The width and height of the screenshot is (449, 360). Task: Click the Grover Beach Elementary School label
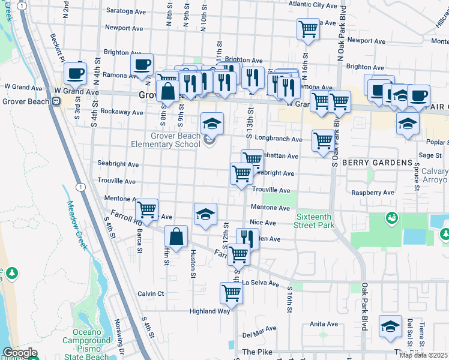[167, 140]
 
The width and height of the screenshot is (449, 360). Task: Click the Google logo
[19, 353]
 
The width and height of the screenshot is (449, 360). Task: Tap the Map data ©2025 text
[423, 355]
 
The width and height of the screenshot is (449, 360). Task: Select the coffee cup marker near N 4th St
[75, 73]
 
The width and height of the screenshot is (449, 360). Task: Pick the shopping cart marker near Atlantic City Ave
[308, 28]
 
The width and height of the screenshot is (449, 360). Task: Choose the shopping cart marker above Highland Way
[232, 293]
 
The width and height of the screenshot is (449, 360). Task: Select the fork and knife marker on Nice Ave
[247, 239]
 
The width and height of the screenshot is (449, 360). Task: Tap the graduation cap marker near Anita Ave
[390, 326]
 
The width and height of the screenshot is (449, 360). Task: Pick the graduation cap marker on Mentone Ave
[205, 214]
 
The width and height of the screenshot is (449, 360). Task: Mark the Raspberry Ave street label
[373, 193]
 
